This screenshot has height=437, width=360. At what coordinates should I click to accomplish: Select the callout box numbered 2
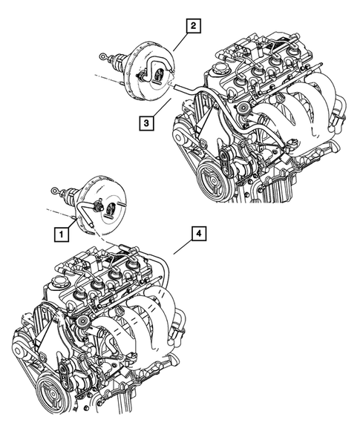coord(192,27)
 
